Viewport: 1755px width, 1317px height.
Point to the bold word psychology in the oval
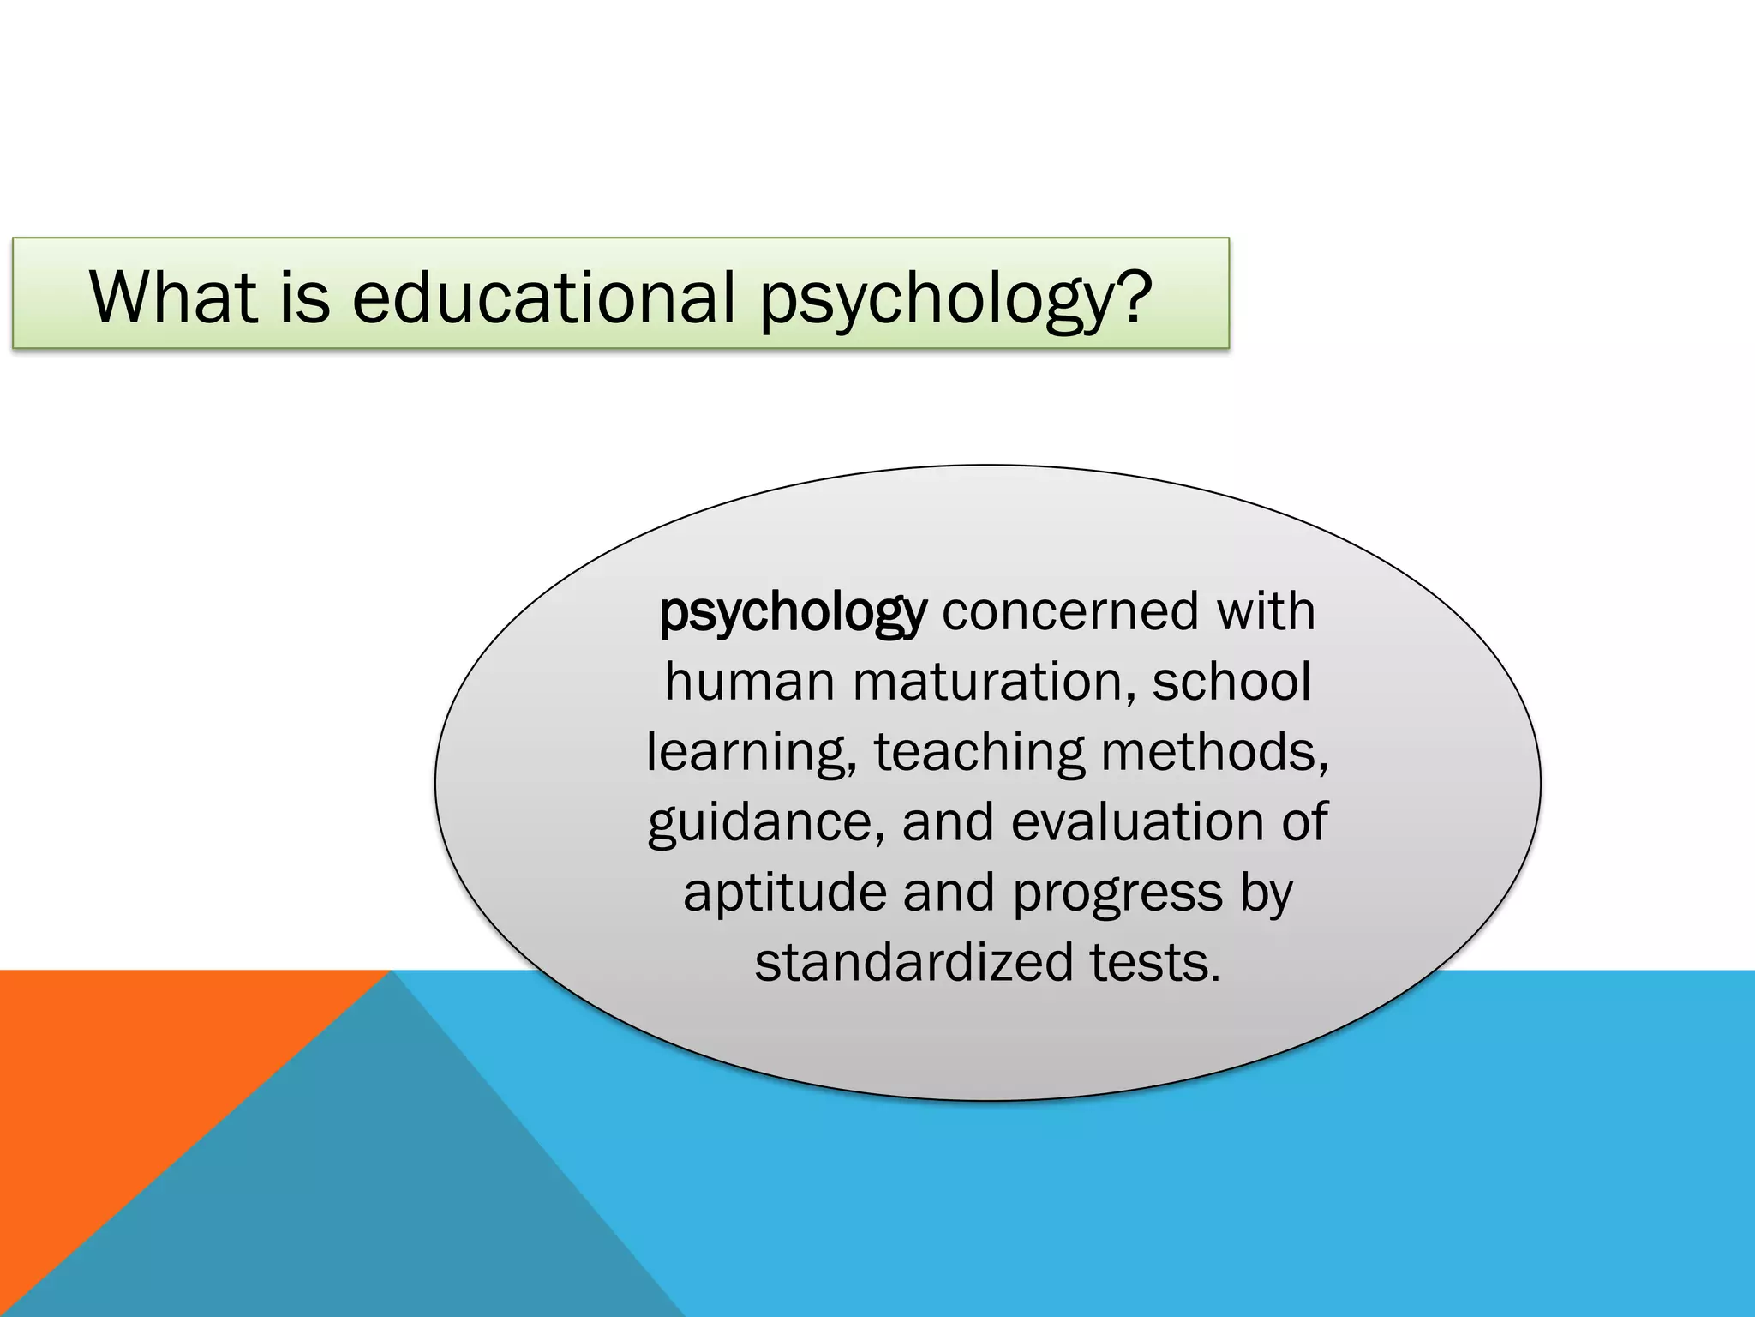coord(792,613)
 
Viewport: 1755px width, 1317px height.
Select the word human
coord(749,682)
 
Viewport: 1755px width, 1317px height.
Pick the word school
coord(1231,682)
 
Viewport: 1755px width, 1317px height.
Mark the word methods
coord(1215,752)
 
